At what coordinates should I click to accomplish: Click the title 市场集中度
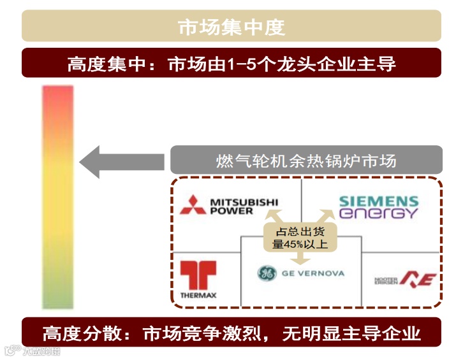click(x=231, y=27)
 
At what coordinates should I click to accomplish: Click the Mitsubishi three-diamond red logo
click(x=192, y=205)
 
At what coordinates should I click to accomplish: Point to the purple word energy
click(x=378, y=213)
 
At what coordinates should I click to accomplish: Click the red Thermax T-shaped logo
click(x=198, y=275)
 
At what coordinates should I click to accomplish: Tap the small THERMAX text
click(x=198, y=296)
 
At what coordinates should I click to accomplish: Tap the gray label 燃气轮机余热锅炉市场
click(x=306, y=160)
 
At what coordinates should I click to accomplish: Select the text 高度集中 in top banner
click(x=98, y=64)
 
